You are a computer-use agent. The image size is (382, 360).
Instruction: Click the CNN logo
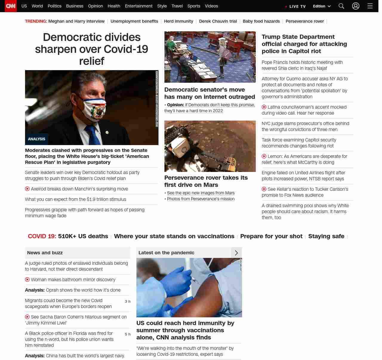[11, 6]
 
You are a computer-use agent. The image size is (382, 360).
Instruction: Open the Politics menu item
[54, 6]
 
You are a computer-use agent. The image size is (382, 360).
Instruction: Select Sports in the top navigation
[194, 6]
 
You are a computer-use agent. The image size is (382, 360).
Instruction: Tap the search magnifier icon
[341, 6]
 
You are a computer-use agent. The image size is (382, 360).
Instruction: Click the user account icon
[355, 6]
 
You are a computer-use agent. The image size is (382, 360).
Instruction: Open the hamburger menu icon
[370, 6]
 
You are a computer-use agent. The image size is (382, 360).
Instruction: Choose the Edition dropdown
[322, 6]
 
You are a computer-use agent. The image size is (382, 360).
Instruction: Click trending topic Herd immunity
[178, 21]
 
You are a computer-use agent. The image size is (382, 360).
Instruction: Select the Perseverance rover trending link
[304, 21]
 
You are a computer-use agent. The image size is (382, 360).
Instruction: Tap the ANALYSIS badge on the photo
[36, 139]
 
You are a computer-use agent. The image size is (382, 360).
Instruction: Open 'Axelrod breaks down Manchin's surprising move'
[79, 189]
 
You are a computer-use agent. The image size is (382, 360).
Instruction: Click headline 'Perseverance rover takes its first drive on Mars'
[206, 181]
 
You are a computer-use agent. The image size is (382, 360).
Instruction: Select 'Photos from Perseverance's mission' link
[201, 199]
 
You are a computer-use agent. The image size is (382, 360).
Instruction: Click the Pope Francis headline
[302, 65]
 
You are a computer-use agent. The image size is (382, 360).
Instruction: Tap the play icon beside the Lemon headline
[264, 156]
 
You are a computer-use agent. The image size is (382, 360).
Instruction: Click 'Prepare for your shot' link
[271, 236]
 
